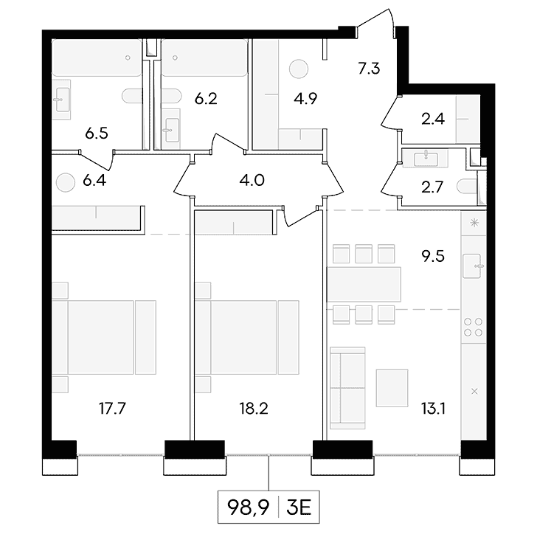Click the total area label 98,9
248,507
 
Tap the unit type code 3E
299,507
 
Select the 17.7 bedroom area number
112,408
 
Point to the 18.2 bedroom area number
254,408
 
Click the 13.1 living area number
433,408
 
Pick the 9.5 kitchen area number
433,256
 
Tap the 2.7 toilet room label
432,187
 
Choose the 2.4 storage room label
433,119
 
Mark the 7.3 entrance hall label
369,69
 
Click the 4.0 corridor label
252,180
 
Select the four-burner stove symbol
474,327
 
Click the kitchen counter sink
472,266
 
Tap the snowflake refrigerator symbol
474,223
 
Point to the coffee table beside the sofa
392,388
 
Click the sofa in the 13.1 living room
347,388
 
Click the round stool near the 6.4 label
65,182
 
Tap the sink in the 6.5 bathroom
62,100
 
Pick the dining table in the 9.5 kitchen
364,284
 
